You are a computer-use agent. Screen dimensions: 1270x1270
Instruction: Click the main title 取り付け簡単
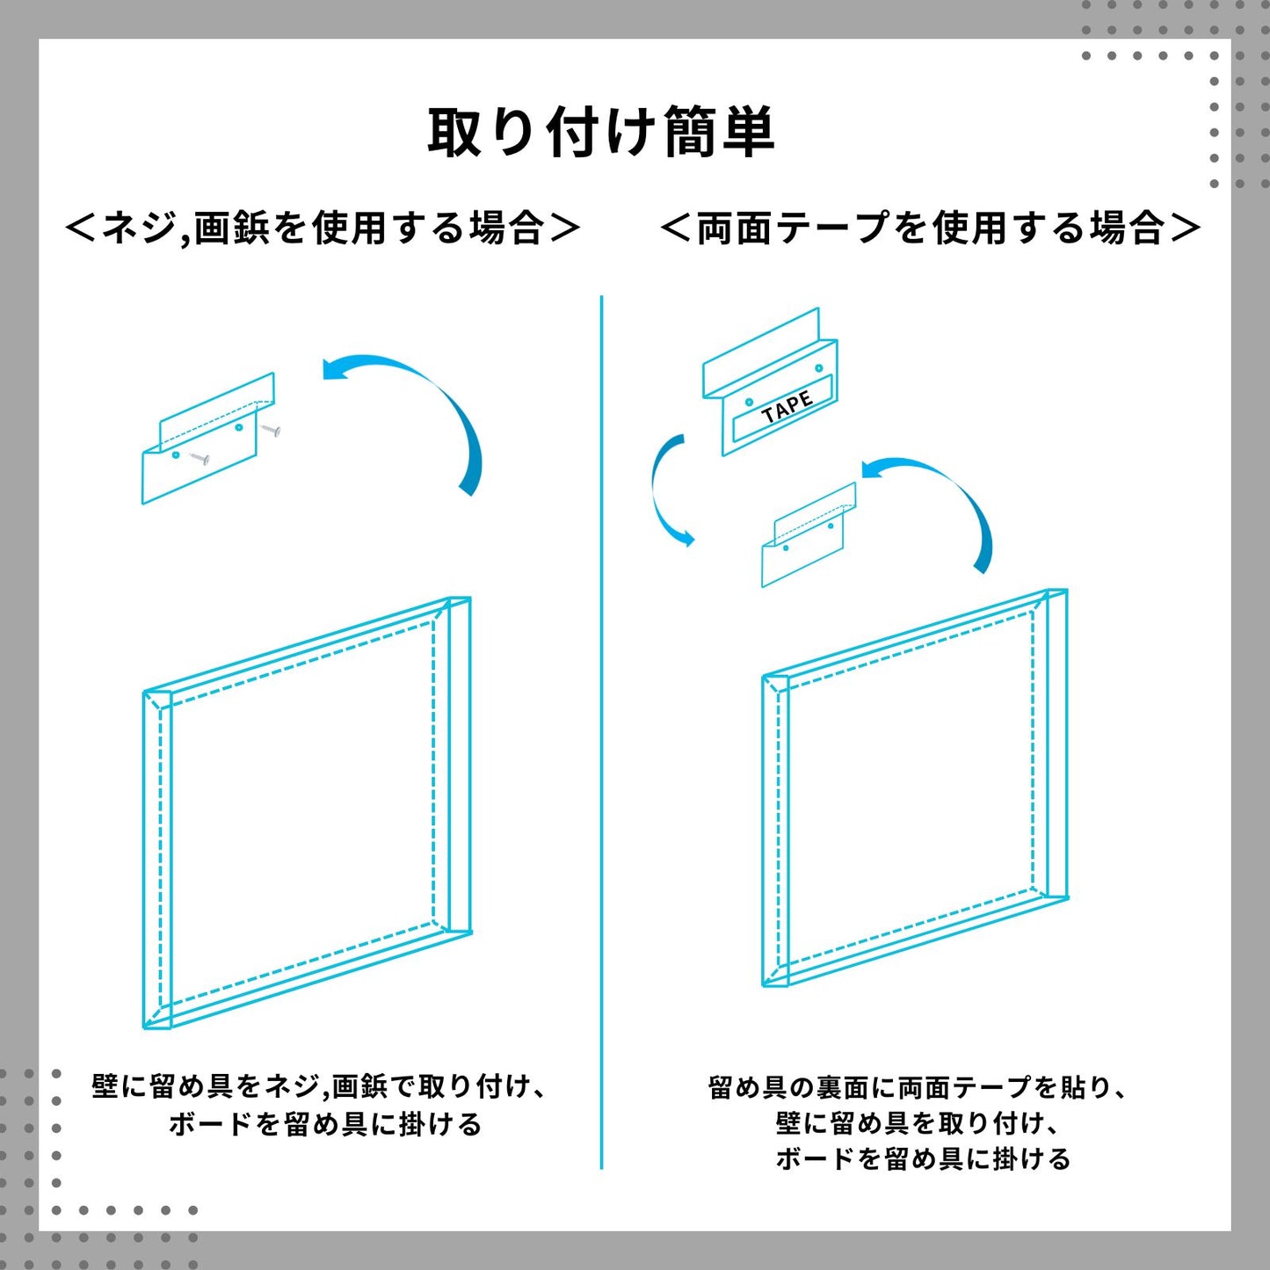(x=600, y=133)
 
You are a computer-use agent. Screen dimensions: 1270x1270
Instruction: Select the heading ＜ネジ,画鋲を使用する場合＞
(x=323, y=229)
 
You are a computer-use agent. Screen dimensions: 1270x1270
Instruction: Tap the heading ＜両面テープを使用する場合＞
(x=931, y=229)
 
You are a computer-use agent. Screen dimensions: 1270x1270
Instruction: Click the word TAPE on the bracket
(x=787, y=407)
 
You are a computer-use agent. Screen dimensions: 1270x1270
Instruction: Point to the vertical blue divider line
(x=602, y=731)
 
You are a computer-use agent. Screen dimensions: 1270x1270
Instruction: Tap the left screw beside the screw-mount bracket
(x=199, y=458)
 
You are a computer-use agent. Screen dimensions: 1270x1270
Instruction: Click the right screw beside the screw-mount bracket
(x=272, y=431)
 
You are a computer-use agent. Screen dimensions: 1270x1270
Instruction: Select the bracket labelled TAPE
(x=771, y=381)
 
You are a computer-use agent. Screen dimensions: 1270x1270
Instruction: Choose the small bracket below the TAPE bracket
(x=809, y=535)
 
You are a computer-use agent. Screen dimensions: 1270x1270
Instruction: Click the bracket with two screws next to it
(x=208, y=439)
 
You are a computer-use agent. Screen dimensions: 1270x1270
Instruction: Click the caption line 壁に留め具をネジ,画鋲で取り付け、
(x=319, y=1086)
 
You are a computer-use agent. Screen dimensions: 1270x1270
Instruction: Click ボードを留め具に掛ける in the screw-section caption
(x=325, y=1124)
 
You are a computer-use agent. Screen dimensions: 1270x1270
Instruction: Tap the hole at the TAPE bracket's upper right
(x=819, y=367)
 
